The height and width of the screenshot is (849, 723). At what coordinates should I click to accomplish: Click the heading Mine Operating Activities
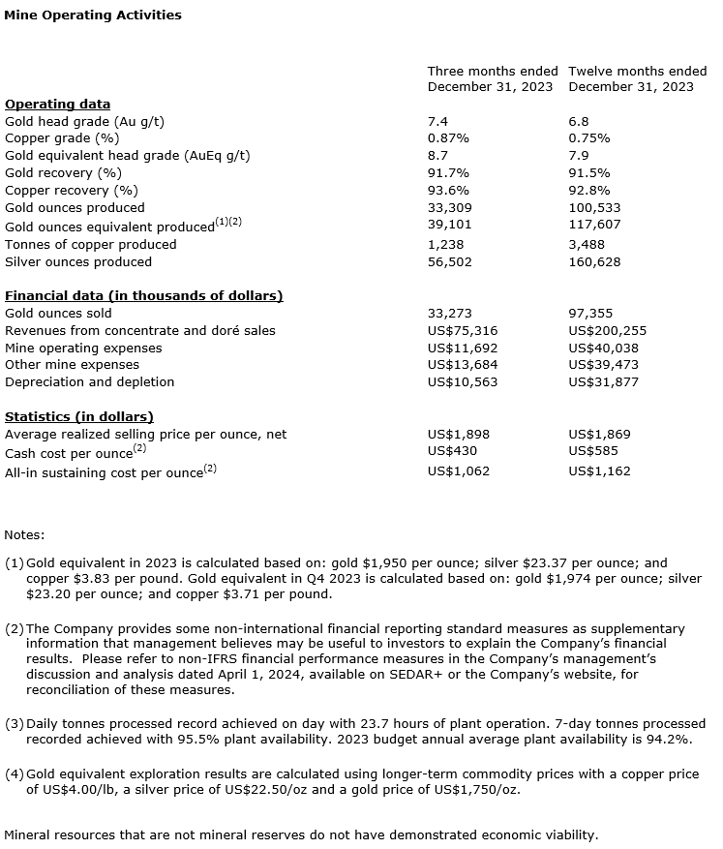[x=92, y=15]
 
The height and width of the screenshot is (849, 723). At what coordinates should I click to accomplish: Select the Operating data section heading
[x=57, y=105]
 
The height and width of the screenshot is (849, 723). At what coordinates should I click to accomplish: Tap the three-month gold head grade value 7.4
[x=437, y=121]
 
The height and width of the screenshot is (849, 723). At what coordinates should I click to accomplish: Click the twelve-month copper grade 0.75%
[x=588, y=138]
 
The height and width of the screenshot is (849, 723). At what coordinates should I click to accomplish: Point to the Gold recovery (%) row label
[x=63, y=173]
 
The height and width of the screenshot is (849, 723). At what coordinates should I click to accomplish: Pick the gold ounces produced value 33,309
[x=449, y=208]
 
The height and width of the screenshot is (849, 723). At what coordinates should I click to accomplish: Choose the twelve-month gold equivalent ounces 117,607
[x=594, y=226]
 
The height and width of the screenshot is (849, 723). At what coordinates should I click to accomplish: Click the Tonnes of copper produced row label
[x=91, y=245]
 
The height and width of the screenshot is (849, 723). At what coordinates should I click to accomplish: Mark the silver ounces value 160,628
[x=594, y=262]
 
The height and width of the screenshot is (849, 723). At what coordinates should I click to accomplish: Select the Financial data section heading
[x=143, y=296]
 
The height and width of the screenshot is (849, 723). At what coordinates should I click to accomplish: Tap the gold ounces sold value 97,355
[x=590, y=314]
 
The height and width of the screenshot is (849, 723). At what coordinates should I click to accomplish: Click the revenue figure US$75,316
[x=463, y=331]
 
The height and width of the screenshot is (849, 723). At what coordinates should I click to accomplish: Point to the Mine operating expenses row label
[x=83, y=349]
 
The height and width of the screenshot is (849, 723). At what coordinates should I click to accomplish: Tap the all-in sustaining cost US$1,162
[x=601, y=471]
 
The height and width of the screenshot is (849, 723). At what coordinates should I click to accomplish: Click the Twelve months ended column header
[x=637, y=72]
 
